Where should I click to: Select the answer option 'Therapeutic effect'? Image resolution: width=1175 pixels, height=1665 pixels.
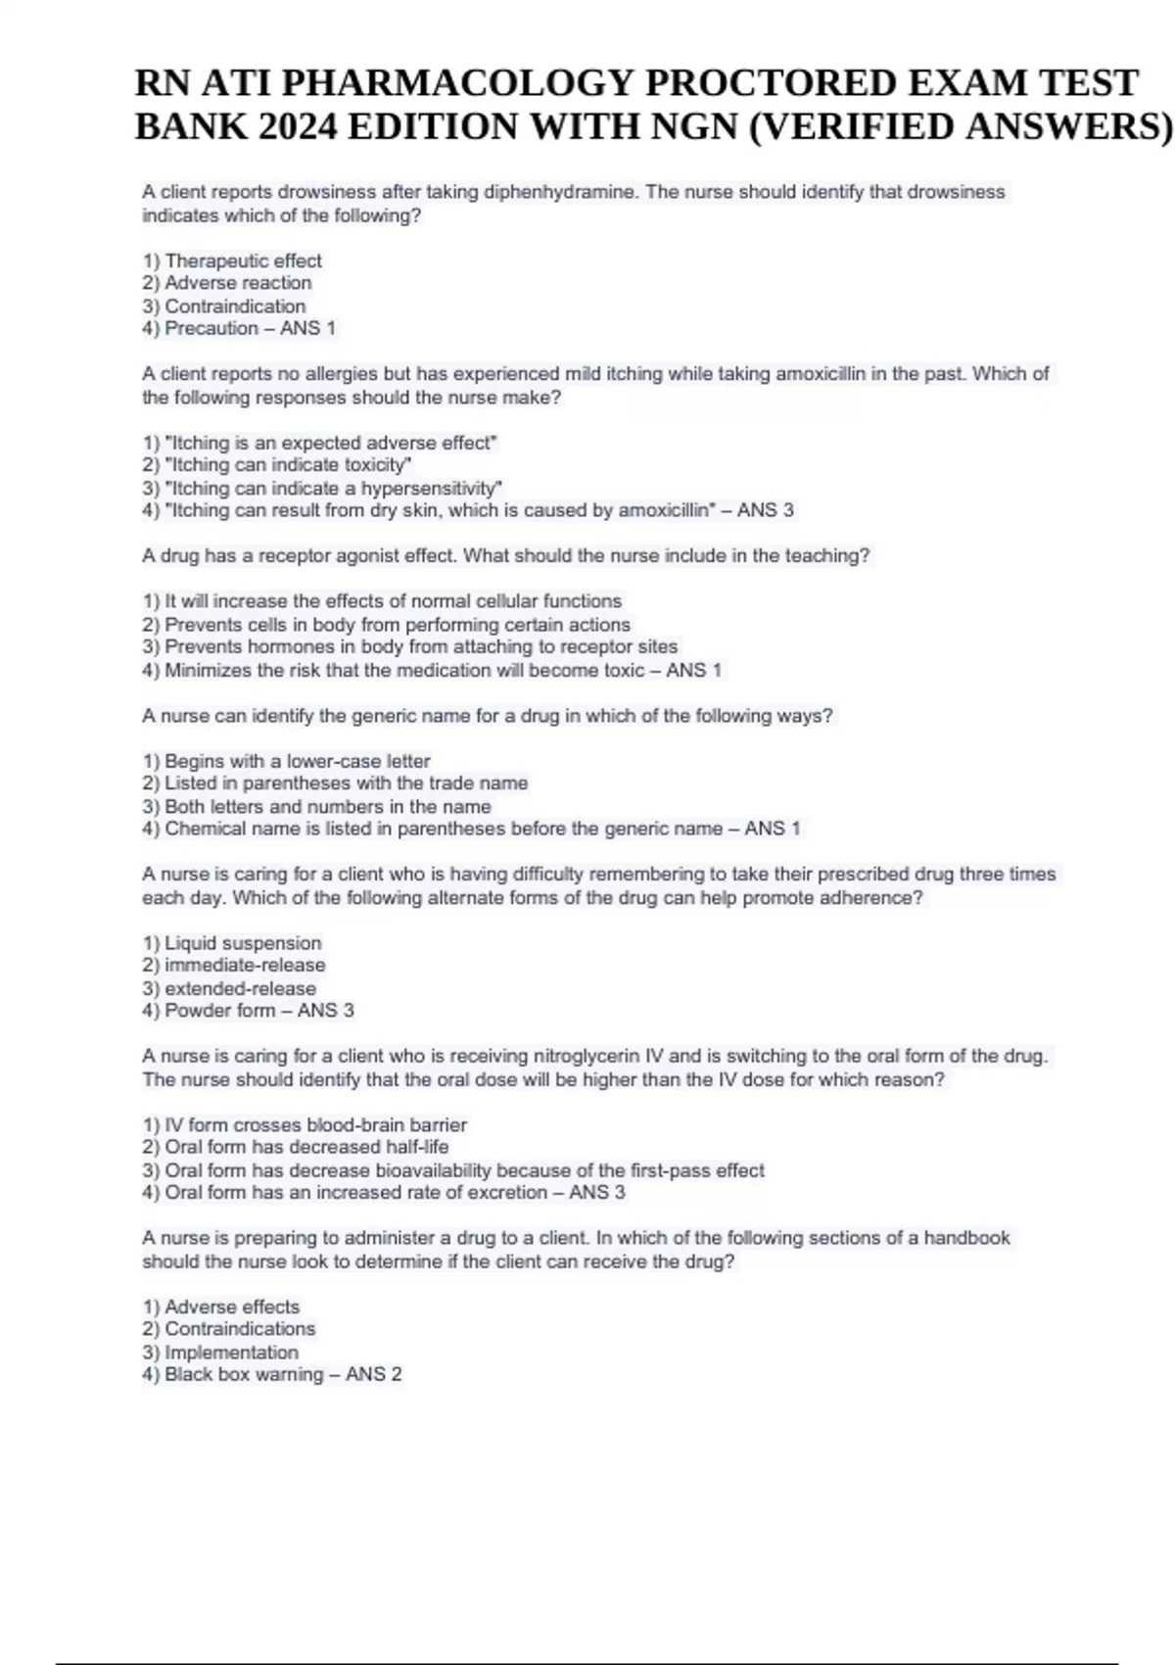(243, 261)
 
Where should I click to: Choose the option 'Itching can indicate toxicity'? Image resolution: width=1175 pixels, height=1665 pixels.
(287, 465)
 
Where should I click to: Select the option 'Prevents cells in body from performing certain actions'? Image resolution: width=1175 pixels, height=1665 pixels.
(397, 625)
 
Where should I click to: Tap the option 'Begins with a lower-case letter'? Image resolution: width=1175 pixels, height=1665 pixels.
(297, 761)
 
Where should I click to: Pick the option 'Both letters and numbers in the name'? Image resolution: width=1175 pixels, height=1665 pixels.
(327, 807)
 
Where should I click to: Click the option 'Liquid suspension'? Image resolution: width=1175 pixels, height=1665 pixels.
(242, 943)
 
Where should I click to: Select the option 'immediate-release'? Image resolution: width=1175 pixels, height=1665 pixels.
(245, 965)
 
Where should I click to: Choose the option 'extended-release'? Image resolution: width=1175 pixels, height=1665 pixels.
(240, 988)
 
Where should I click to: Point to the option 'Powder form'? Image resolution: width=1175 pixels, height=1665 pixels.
(219, 1011)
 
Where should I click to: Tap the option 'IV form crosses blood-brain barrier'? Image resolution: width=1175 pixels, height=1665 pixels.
(315, 1125)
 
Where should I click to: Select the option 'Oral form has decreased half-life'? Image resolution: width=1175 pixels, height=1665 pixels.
(306, 1147)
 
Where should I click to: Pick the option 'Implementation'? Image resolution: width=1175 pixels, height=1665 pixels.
(231, 1353)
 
